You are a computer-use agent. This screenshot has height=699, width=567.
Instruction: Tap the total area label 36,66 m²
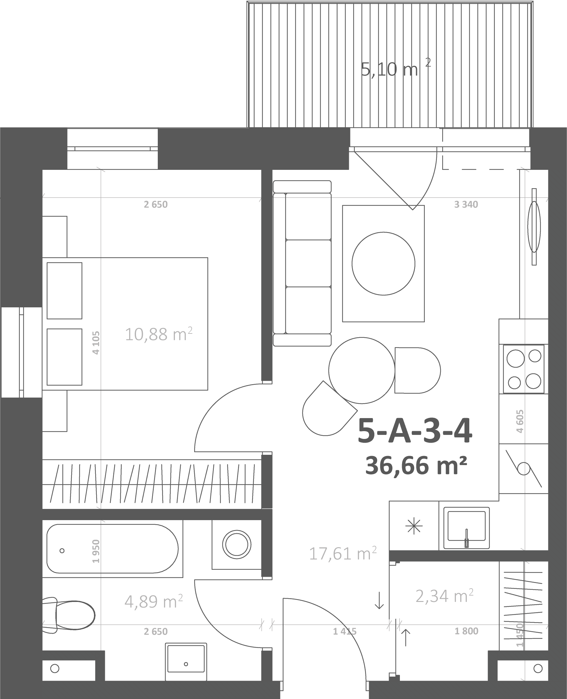tap(416, 466)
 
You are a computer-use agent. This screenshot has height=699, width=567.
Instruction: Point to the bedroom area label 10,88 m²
tap(158, 334)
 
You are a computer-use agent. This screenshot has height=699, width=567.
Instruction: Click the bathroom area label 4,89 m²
tap(153, 601)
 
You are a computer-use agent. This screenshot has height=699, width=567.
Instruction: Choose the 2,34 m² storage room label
tap(444, 596)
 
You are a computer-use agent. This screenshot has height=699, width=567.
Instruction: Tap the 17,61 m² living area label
tap(343, 554)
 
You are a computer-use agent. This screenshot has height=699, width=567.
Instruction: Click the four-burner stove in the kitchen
tap(523, 369)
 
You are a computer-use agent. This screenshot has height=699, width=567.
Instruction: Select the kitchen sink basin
tap(466, 528)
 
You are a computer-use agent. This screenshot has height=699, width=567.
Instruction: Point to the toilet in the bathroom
tap(68, 615)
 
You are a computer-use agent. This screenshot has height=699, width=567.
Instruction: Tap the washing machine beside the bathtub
tap(237, 545)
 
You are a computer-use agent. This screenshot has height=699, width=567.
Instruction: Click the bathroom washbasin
tap(186, 662)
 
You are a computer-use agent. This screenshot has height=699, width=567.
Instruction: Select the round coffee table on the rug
tap(383, 263)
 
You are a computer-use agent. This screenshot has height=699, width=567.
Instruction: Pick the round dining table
tap(362, 370)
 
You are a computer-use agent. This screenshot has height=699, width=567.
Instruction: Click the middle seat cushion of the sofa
tap(308, 263)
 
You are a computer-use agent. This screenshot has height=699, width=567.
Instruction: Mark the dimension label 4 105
tap(96, 343)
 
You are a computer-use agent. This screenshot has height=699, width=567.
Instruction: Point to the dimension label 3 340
tap(466, 204)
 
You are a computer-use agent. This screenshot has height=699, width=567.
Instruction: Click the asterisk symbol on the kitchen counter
tap(414, 526)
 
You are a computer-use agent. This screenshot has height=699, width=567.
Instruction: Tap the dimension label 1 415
tap(344, 631)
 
